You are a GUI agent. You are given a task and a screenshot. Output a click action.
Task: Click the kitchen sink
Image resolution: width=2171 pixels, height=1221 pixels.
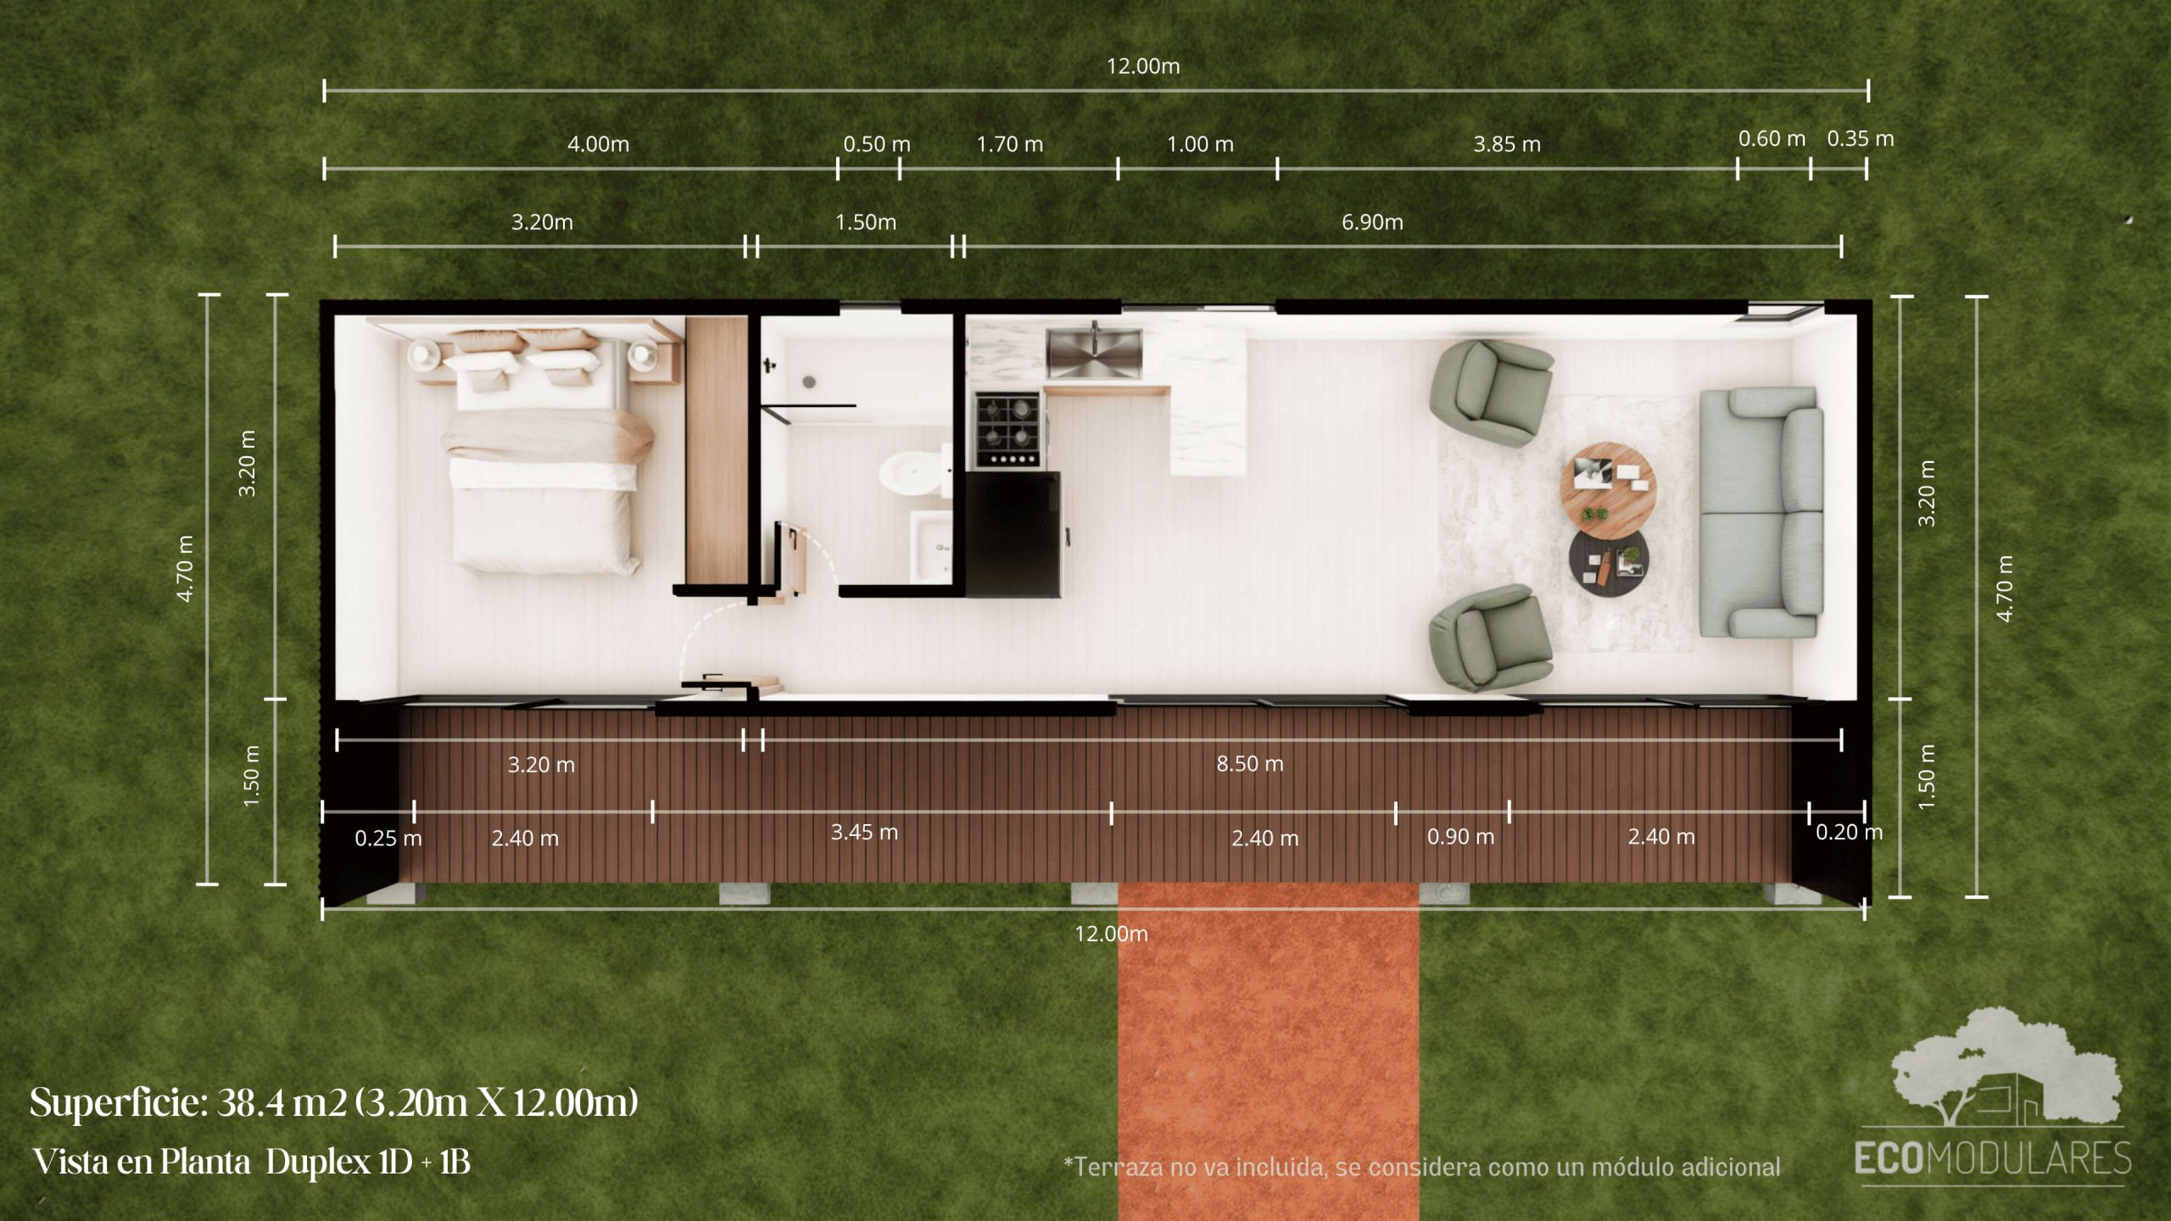point(1094,354)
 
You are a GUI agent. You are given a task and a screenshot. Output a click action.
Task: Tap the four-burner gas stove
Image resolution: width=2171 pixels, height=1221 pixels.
point(1007,429)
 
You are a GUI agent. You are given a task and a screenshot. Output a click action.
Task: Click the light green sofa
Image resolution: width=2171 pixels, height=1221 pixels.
point(1761,512)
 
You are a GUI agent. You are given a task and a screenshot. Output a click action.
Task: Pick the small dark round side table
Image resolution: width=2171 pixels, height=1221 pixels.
point(1608,563)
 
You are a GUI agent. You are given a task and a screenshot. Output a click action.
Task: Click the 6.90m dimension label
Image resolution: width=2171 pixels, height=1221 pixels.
point(1372,222)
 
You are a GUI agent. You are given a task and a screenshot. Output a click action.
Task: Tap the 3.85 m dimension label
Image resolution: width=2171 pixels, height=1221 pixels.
point(1507,144)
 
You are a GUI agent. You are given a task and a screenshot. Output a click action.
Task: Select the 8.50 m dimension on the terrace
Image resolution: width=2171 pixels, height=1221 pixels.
point(1250,764)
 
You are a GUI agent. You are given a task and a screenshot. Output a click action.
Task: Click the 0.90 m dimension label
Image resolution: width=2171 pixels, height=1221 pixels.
point(1460,837)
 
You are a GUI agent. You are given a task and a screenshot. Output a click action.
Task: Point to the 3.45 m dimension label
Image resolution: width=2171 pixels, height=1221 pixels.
point(864,832)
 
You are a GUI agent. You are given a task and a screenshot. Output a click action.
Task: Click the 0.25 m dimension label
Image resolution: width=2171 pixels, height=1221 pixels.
point(388,839)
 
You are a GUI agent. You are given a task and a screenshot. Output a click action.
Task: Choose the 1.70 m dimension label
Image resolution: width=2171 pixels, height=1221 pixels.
point(1010,144)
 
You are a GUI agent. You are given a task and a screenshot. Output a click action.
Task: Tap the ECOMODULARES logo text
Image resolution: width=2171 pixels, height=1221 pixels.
point(1992,1158)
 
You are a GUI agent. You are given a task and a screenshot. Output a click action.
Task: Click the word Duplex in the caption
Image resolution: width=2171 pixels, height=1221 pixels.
point(319,1162)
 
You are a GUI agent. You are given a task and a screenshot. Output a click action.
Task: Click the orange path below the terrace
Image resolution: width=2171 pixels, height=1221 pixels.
point(1269,1051)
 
